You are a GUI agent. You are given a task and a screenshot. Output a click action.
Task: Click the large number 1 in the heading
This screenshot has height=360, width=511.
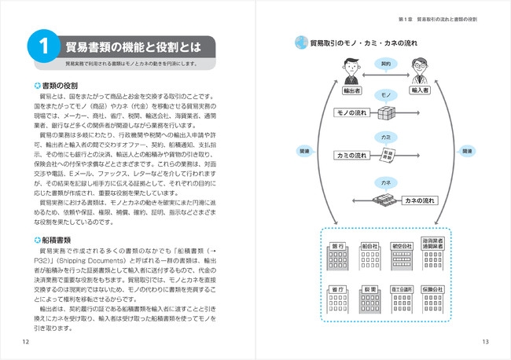pos(39,48)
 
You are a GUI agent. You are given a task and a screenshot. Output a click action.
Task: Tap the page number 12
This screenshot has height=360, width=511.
pos(26,340)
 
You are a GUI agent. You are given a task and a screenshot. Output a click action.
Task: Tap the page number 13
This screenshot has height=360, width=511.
pos(485,340)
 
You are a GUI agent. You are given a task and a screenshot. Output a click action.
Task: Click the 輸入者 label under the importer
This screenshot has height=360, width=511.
pos(420,90)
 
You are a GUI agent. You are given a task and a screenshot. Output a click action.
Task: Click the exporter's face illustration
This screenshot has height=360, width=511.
pos(351,69)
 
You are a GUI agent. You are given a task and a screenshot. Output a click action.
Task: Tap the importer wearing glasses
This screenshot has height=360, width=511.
pos(420,69)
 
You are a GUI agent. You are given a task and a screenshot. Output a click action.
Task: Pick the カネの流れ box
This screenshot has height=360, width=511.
pos(417,201)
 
